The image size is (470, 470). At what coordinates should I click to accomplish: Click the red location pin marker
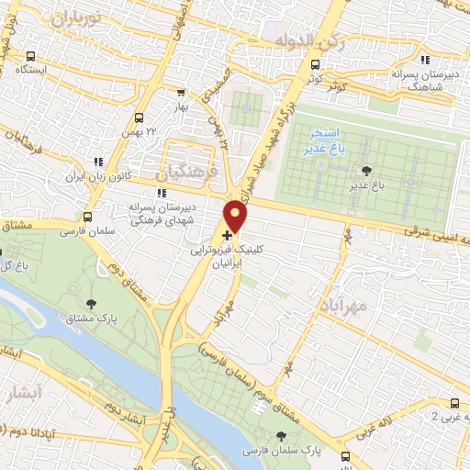[x=237, y=216]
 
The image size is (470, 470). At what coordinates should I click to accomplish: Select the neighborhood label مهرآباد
[x=343, y=303]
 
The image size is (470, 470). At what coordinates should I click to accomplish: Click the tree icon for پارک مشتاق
[x=89, y=304]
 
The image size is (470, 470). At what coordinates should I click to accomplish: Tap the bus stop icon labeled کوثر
[x=316, y=65]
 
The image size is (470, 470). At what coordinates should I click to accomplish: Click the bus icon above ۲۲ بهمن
[x=139, y=117]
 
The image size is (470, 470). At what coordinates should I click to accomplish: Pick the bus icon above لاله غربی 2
[x=454, y=403]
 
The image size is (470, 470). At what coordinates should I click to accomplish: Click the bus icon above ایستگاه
[x=33, y=55]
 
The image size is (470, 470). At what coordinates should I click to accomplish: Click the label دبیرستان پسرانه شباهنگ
[x=423, y=79]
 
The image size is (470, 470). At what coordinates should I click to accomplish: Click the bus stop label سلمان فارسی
[x=80, y=231]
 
